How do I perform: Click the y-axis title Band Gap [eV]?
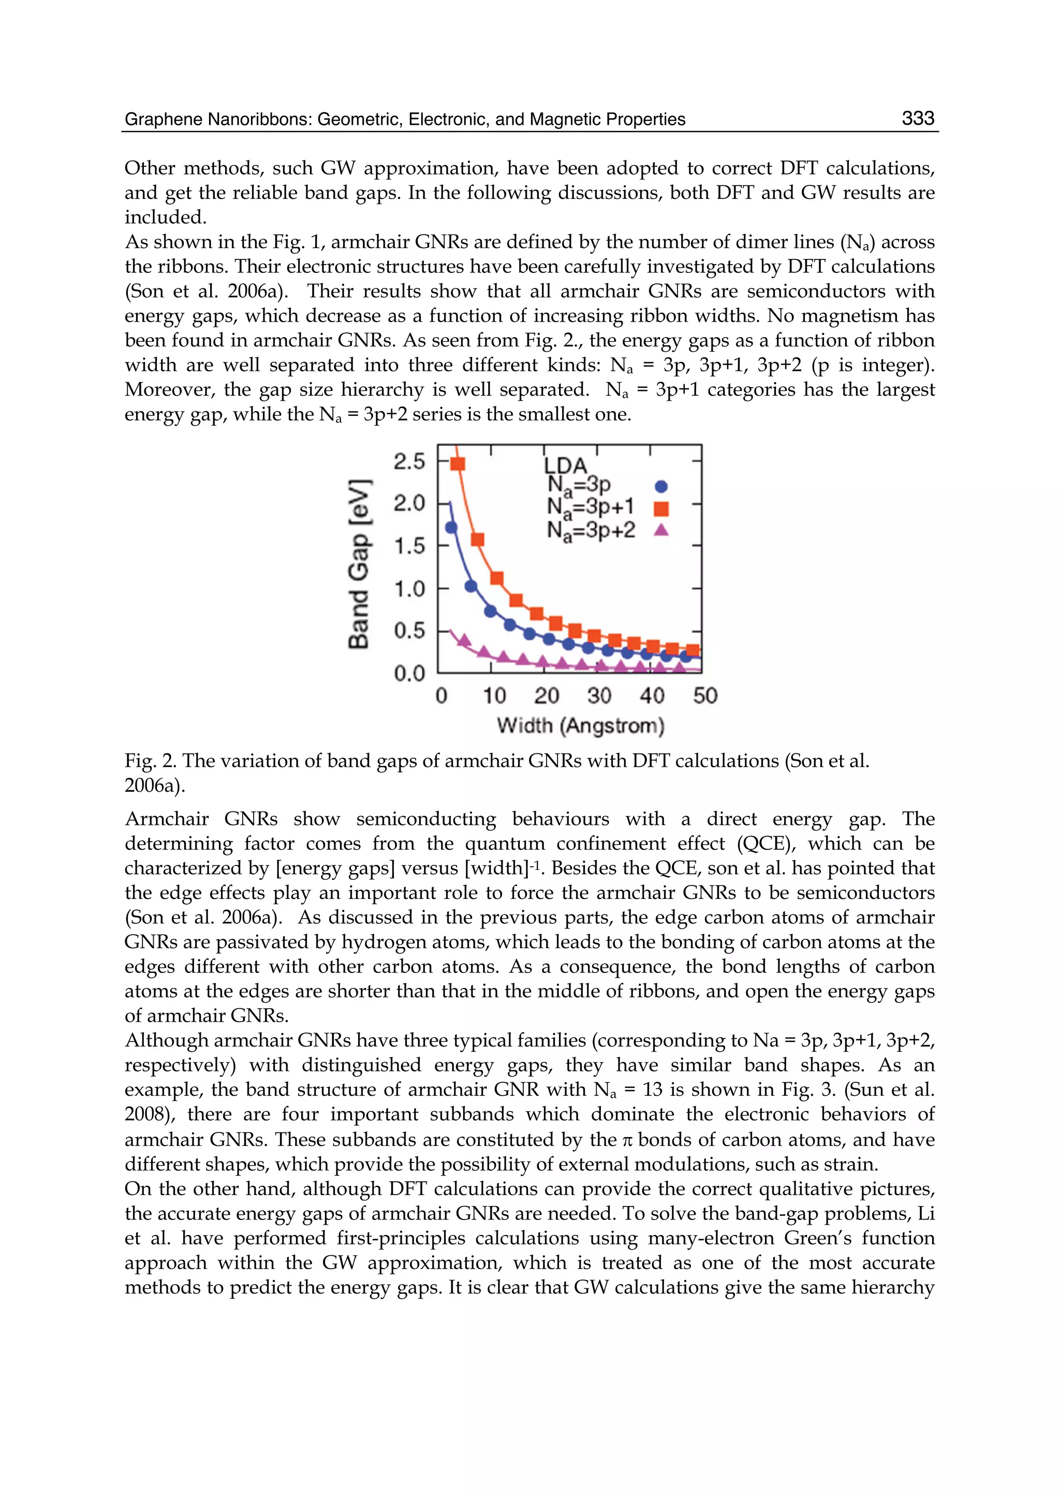(x=359, y=564)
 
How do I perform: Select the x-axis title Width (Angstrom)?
(x=580, y=725)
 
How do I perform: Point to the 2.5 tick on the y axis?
(x=409, y=462)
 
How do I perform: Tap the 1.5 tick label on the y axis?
(x=409, y=546)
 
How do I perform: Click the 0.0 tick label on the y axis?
(x=409, y=673)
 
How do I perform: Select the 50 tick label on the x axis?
(x=705, y=696)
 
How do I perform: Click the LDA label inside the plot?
(x=565, y=466)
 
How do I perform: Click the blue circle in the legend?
(x=661, y=486)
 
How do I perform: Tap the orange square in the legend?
(x=661, y=508)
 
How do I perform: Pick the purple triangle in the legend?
(x=661, y=530)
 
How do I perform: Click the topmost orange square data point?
(x=458, y=463)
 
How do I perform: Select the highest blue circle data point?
(x=451, y=527)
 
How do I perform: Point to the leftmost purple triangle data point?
(x=464, y=641)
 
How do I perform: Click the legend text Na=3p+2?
(x=591, y=530)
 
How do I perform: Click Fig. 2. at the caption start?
(x=150, y=761)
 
